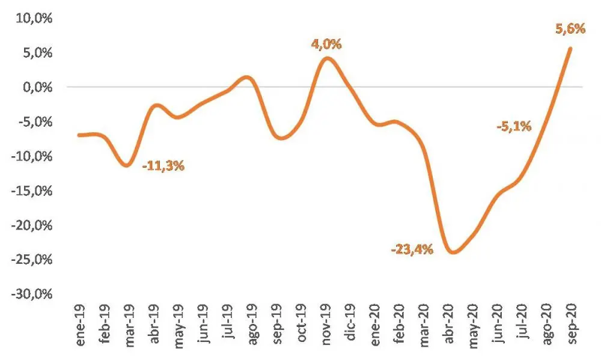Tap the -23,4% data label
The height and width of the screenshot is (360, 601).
[412, 248]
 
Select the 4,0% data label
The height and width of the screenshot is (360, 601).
[326, 44]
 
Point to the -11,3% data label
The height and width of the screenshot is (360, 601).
[163, 166]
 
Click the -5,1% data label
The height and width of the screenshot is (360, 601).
[514, 126]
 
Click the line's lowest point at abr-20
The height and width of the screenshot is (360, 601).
[452, 252]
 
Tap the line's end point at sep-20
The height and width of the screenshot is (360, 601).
[570, 48]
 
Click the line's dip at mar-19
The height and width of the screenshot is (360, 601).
[126, 165]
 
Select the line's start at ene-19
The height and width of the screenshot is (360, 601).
[80, 135]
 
